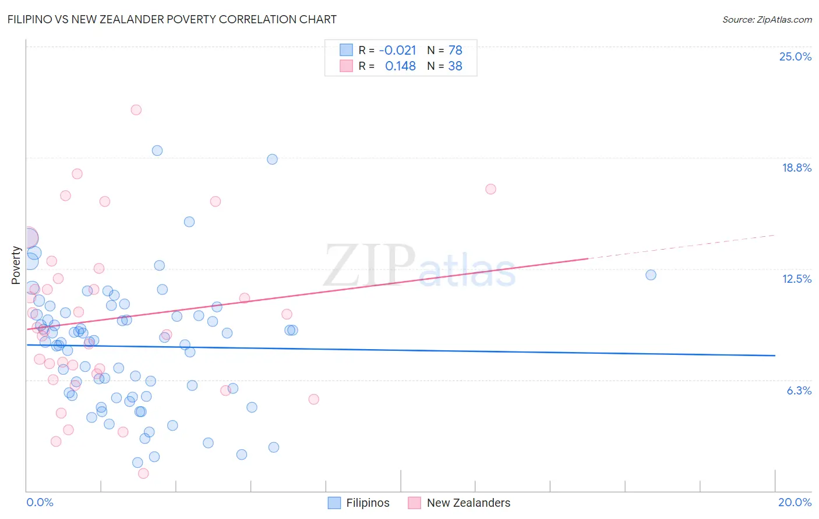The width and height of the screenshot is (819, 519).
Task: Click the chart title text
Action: [172, 19]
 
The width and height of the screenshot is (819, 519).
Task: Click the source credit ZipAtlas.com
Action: [767, 19]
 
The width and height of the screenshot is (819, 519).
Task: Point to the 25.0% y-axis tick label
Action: [795, 56]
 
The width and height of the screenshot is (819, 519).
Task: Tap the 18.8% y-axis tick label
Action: [796, 168]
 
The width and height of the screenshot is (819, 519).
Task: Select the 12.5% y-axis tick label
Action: [796, 279]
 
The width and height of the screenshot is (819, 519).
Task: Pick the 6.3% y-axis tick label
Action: [799, 390]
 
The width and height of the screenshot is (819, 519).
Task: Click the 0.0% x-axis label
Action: [40, 502]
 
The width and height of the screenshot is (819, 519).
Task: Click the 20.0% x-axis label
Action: [795, 502]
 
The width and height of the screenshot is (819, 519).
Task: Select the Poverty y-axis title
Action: [16, 265]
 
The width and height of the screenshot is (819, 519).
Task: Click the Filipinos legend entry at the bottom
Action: [359, 503]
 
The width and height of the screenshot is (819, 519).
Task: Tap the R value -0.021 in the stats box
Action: [397, 50]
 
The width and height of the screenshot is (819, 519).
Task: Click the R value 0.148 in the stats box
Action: [400, 66]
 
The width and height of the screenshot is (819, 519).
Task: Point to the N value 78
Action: [455, 50]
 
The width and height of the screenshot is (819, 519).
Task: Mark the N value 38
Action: [455, 66]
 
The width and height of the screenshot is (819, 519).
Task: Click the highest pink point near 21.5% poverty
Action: [136, 109]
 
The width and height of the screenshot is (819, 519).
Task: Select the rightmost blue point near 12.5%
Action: [651, 275]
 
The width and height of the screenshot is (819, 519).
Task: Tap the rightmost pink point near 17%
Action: [490, 189]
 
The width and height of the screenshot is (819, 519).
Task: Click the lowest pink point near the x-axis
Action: [143, 473]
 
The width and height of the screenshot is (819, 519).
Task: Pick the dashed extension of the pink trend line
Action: [682, 247]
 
